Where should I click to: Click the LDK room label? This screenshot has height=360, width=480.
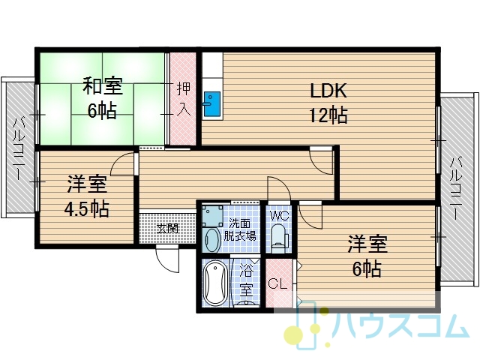328,91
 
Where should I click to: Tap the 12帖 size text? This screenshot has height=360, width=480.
328,115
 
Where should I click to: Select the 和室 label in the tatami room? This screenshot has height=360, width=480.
103,86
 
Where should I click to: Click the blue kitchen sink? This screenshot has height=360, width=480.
211,104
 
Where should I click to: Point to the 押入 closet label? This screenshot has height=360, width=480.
184,99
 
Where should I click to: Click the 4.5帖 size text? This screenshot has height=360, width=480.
86,208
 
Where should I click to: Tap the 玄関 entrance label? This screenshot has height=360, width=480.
167,228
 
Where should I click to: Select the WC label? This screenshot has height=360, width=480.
279,216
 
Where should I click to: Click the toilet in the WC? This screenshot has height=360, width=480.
279,237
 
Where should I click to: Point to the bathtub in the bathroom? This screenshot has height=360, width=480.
215,283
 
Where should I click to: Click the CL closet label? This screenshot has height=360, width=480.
277,283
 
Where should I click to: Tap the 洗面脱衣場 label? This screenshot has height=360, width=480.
240,229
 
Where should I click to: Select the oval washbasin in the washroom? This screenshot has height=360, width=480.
211,241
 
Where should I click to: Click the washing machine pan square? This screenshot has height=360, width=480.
212,216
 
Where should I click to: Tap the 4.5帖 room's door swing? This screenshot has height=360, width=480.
122,164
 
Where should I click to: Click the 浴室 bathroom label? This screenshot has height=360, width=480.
246,280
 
